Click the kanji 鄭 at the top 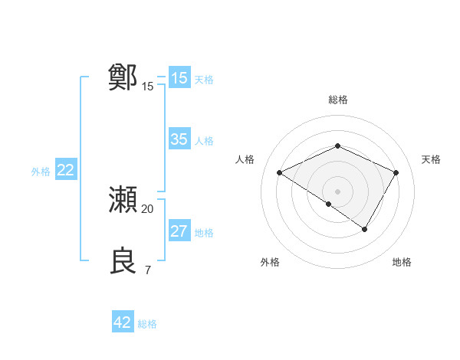(x=123, y=77)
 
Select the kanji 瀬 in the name (x=123, y=199)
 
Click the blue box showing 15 (x=179, y=78)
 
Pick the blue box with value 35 (x=179, y=139)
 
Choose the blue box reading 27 (x=179, y=231)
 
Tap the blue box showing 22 (x=65, y=170)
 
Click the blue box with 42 (x=123, y=322)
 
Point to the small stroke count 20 (x=148, y=208)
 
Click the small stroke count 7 (x=148, y=270)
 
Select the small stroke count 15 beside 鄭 (x=148, y=86)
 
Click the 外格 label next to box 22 (x=41, y=172)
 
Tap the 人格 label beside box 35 (x=204, y=141)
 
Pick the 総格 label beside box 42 (x=147, y=324)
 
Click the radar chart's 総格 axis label (x=337, y=100)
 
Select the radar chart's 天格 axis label (x=432, y=159)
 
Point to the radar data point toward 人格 (x=280, y=172)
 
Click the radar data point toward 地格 (x=365, y=229)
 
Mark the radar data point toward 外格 (x=329, y=204)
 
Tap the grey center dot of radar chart (x=337, y=191)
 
